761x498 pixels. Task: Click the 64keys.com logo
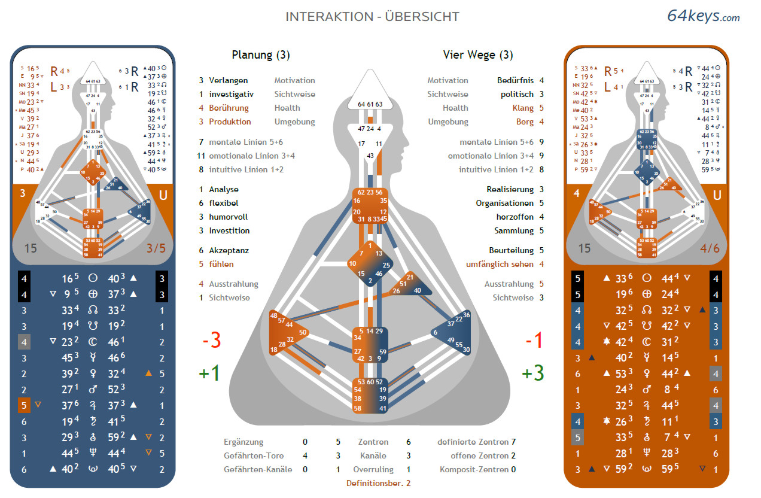point(704,16)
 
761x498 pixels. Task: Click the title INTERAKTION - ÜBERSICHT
point(372,17)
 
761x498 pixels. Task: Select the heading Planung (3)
point(261,55)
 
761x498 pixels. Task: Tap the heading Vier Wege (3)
point(478,55)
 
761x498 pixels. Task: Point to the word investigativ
point(231,94)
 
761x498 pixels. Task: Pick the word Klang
point(523,108)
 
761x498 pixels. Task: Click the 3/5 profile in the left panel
point(156,248)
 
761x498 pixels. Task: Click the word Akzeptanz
point(229,250)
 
